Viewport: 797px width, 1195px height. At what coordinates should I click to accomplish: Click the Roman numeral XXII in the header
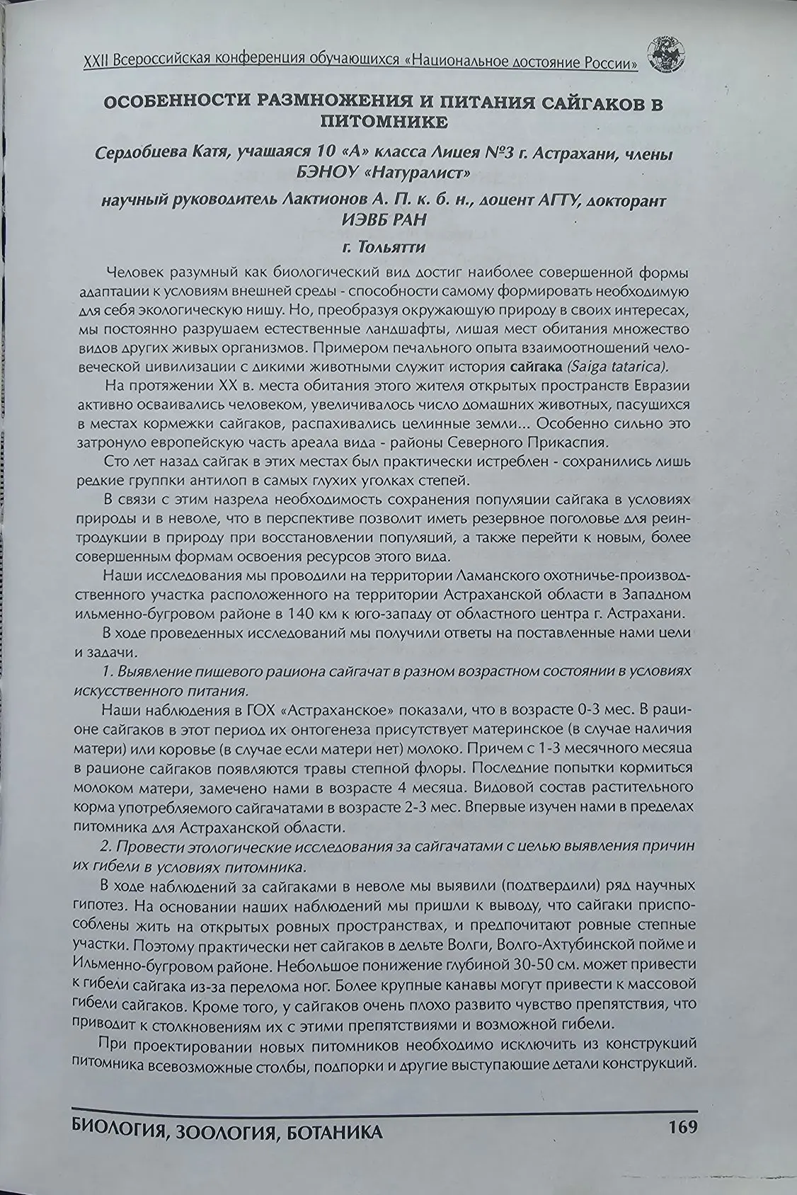tap(96, 63)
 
